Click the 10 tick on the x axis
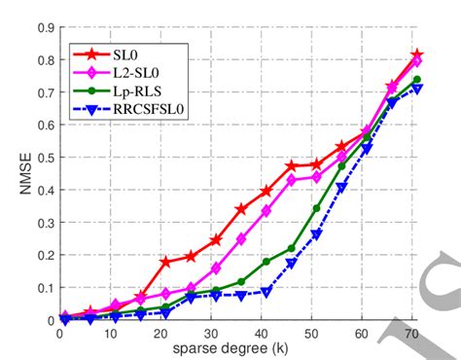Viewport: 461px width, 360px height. tap(110, 332)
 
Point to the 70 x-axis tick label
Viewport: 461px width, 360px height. tap(412, 332)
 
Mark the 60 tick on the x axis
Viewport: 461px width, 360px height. tap(362, 332)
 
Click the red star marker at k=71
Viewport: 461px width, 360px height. tap(417, 55)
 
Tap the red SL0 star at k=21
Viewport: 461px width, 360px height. tap(164, 262)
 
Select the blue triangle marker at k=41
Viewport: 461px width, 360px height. tap(266, 292)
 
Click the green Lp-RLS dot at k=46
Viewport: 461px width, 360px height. tap(291, 248)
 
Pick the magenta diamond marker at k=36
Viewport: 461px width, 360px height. tap(240, 238)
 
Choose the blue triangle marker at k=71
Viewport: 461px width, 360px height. tap(417, 89)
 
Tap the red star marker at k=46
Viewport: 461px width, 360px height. tap(291, 166)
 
